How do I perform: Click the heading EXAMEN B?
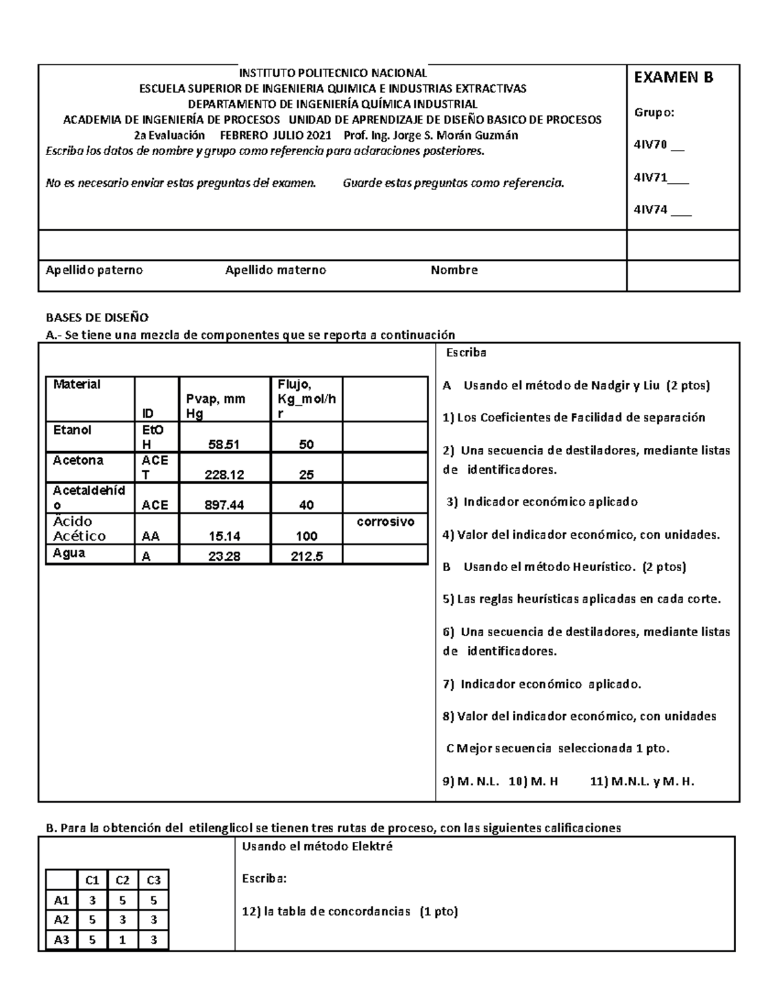pyautogui.click(x=673, y=78)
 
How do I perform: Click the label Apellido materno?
pyautogui.click(x=275, y=270)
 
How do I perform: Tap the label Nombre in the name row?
pyautogui.click(x=454, y=270)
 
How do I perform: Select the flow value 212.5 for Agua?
pyautogui.click(x=306, y=555)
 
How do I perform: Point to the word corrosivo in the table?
pyautogui.click(x=386, y=522)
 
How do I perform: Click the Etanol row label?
pyautogui.click(x=72, y=430)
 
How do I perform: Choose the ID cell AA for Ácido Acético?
pyautogui.click(x=151, y=536)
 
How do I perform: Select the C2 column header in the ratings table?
pyautogui.click(x=123, y=880)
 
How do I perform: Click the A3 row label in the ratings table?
pyautogui.click(x=61, y=939)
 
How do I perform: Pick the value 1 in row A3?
pyautogui.click(x=123, y=939)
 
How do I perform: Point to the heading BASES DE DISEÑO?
pyautogui.click(x=97, y=317)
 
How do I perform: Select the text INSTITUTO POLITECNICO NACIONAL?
pyautogui.click(x=333, y=73)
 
